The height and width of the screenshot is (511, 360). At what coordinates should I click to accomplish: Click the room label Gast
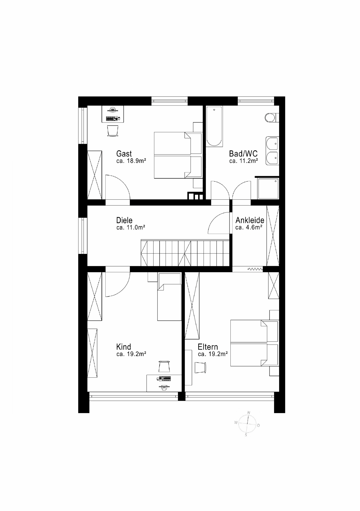click(124, 154)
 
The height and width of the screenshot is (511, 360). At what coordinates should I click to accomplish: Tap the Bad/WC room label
click(243, 154)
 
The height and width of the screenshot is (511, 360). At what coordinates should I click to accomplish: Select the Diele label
click(124, 220)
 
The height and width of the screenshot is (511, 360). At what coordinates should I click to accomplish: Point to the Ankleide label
click(250, 220)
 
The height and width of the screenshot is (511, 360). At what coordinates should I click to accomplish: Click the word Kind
click(124, 347)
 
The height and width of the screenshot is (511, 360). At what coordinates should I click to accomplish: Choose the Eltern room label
click(208, 347)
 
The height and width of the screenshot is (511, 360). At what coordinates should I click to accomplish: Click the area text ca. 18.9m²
click(131, 161)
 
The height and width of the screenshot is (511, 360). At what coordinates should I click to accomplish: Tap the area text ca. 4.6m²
click(249, 227)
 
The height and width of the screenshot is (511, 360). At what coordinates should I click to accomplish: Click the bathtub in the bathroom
click(214, 126)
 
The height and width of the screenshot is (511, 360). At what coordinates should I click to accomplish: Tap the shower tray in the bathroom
click(268, 188)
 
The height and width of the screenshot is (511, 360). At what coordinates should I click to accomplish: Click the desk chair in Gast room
click(113, 131)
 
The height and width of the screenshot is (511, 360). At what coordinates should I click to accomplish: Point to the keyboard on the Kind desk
click(165, 378)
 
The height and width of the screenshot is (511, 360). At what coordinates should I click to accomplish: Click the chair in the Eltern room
click(200, 368)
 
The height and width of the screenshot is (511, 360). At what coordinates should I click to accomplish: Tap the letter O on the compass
click(258, 426)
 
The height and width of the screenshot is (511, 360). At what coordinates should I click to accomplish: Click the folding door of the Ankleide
click(255, 269)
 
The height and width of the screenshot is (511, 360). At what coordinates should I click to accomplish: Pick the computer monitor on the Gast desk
click(113, 109)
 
